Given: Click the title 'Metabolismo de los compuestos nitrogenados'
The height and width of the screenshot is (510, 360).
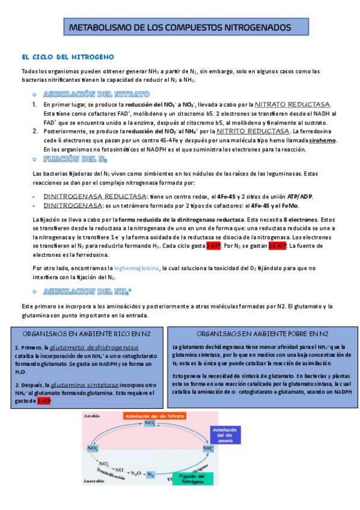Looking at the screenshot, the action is pos(180,28).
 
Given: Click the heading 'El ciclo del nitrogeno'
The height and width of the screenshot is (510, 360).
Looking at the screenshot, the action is pos(68,57).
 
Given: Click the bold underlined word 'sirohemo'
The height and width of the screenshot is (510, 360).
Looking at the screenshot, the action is pos(322,141).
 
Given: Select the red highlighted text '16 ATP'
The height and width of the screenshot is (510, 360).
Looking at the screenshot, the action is pos(276,246).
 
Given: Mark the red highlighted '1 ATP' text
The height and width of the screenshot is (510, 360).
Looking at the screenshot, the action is pos(43,401).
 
